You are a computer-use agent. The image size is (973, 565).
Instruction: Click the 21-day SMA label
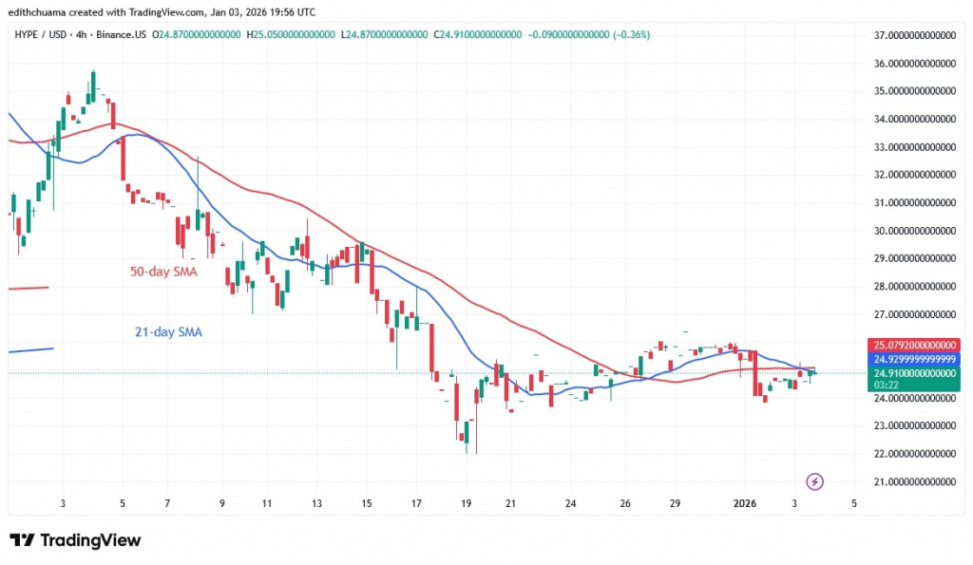167,332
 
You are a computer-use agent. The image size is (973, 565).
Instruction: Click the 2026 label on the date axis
748,503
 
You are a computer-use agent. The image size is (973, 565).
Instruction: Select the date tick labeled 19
466,503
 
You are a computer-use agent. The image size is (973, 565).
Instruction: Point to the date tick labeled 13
316,503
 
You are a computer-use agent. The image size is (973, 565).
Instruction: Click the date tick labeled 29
675,503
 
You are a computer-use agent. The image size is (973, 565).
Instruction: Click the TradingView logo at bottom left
75,540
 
